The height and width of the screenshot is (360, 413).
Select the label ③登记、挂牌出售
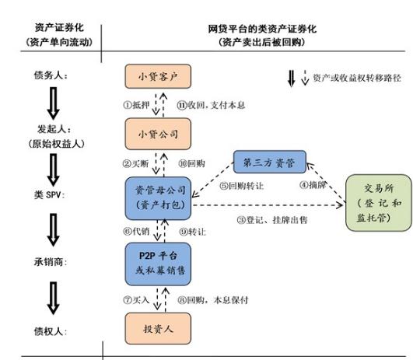(x=271, y=219)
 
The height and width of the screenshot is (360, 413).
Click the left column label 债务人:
(x=49, y=77)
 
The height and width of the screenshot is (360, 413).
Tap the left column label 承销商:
(x=49, y=262)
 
